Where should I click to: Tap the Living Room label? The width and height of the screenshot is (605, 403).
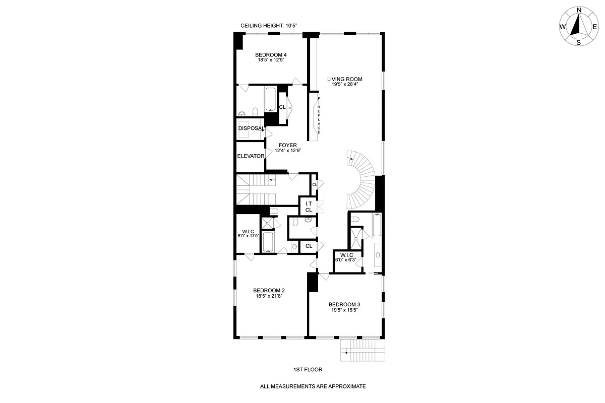[x=344, y=79]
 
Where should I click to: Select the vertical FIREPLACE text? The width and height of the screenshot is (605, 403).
[x=319, y=115]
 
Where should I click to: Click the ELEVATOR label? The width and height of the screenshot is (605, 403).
[x=251, y=156]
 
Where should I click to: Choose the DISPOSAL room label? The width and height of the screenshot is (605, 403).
[x=251, y=128]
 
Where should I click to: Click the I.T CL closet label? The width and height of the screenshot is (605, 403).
[x=308, y=206]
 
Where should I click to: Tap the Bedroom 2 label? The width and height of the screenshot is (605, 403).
[x=269, y=290]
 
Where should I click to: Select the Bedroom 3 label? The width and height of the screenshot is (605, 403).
[x=344, y=304]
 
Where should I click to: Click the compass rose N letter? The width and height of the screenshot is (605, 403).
[x=579, y=10]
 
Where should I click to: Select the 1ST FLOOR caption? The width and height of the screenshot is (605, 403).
[x=308, y=369]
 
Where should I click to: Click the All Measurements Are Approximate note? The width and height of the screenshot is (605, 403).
[x=313, y=387]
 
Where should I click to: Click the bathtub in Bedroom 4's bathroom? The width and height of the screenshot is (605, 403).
[x=270, y=100]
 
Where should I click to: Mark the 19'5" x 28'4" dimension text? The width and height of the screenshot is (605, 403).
[x=344, y=85]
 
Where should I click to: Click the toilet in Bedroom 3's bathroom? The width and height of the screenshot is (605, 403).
[x=355, y=219]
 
